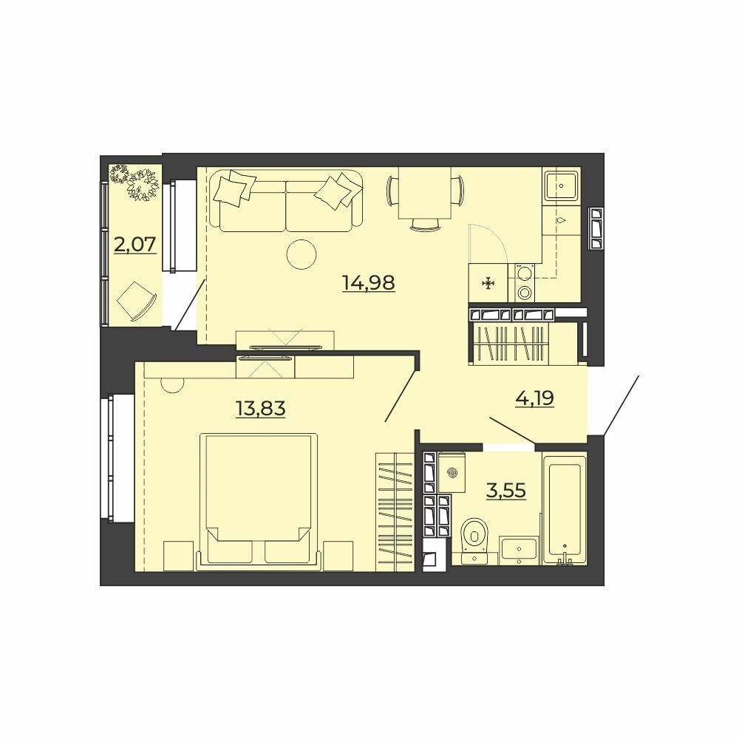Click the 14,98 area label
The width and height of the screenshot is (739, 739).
coord(369,283)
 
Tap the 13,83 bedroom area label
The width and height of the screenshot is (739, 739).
coord(261,408)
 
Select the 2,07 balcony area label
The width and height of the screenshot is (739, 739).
coord(134,245)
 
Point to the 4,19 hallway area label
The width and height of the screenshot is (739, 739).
coord(535,399)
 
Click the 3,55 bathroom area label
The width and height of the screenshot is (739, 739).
coord(506,491)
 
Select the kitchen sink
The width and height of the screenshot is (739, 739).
coord(561,187)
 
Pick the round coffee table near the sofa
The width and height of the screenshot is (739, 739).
coord(302,254)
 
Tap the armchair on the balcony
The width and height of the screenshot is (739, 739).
coord(136,302)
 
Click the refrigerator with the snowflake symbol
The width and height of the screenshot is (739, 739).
coord(488,283)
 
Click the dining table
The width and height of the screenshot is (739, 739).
coord(424,193)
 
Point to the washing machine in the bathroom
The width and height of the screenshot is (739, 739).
coord(452,472)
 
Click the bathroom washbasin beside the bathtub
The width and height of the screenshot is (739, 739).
coord(520,550)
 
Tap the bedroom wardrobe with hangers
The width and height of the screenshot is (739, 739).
coord(395,512)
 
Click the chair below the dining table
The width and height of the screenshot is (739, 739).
coord(424,225)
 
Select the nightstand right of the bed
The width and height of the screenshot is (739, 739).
coord(338,556)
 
